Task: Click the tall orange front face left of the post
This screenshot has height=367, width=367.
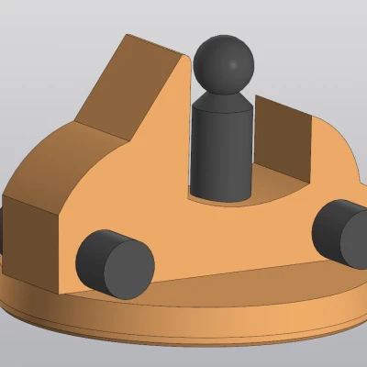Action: (x=147, y=183)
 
